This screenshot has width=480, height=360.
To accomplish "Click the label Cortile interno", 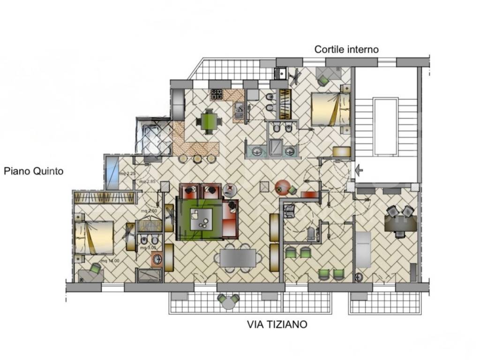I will [x=346, y=49].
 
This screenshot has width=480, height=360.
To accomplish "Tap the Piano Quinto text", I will [x=33, y=172].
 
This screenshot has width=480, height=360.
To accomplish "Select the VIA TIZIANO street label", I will [x=277, y=324].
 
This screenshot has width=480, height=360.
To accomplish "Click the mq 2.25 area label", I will [x=127, y=173].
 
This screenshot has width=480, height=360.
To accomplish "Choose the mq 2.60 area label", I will [x=149, y=211].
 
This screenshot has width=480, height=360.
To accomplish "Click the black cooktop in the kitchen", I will [x=217, y=94].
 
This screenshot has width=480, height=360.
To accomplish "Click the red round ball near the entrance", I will [x=282, y=187].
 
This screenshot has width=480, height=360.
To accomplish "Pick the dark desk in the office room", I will [x=400, y=224].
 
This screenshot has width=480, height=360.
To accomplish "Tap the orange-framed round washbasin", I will [x=157, y=259].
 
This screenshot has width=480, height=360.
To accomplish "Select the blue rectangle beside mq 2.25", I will [x=112, y=172].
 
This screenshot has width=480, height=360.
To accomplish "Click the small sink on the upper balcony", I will [x=281, y=74].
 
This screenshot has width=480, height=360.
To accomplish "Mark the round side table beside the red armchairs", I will [x=230, y=189].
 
